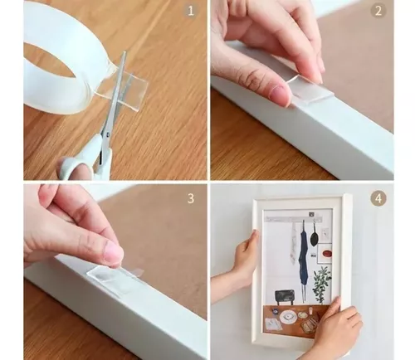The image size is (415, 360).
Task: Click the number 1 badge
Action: click(191, 11)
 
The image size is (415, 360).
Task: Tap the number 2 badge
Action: click(378, 11)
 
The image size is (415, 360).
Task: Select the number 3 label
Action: click(191, 198)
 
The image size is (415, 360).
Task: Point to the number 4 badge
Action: click(378, 198)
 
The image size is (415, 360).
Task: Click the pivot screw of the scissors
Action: click(107, 134)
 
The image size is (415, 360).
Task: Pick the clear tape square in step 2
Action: click(310, 90)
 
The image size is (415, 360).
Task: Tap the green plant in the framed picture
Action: click(321, 284)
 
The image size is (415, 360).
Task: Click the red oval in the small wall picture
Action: click(327, 253)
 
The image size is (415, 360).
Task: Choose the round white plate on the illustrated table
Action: click(288, 316)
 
